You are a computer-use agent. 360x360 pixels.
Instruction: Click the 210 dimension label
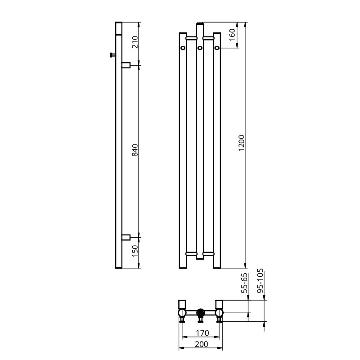point(135,42)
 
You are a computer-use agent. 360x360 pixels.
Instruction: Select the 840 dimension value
point(135,150)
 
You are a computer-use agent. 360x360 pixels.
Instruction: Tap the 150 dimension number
point(135,251)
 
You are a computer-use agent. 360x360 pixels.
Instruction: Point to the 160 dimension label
point(232,35)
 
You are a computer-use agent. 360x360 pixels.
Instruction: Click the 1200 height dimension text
point(242,143)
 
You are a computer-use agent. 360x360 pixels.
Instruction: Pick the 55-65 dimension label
point(245,283)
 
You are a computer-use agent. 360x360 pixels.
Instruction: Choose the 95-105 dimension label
point(260,281)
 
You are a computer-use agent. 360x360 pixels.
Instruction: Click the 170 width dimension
point(202,333)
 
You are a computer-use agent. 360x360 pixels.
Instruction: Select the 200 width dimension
point(201,344)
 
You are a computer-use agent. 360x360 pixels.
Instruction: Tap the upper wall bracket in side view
point(126,65)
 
